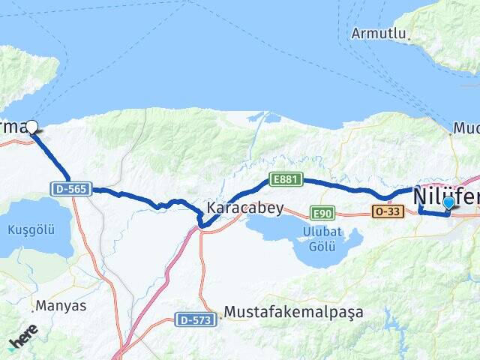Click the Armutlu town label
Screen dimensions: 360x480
point(379,34)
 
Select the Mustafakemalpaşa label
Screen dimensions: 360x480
point(294,312)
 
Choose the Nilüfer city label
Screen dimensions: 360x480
point(445,194)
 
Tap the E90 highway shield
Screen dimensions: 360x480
point(321,214)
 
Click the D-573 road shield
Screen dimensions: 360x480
point(194,319)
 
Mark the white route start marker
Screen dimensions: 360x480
point(32,126)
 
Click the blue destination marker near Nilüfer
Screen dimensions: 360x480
point(448,202)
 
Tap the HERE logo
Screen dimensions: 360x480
point(22,337)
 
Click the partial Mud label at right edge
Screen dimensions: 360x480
point(468,129)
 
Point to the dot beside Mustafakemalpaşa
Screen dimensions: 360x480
point(220,316)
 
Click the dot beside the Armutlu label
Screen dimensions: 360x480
point(410,34)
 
